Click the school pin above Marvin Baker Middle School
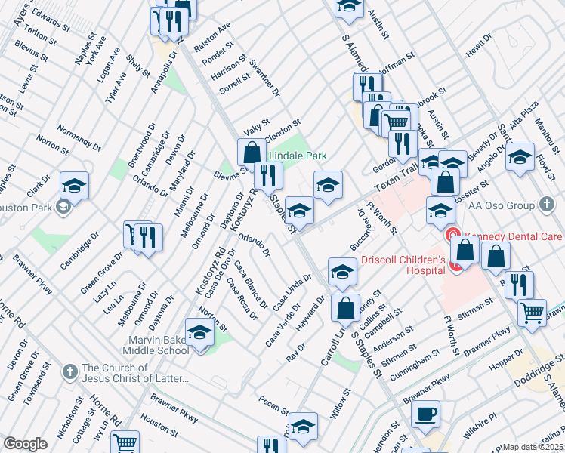point(199,331)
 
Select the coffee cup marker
point(425,414)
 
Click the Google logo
point(25,444)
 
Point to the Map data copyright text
point(533,447)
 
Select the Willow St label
point(341,404)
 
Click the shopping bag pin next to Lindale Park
point(251,152)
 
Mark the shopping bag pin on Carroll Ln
point(346,307)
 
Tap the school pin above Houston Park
point(74,185)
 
